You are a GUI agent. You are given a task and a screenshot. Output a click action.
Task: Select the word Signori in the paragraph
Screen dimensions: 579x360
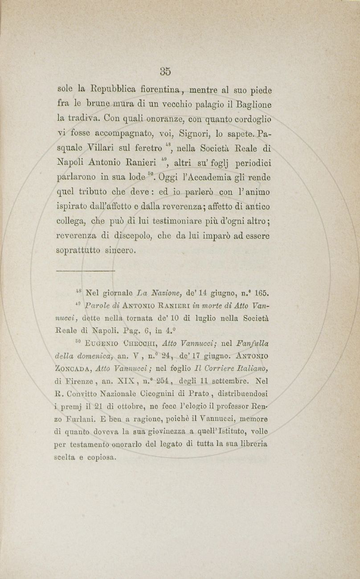[x=195, y=134]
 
